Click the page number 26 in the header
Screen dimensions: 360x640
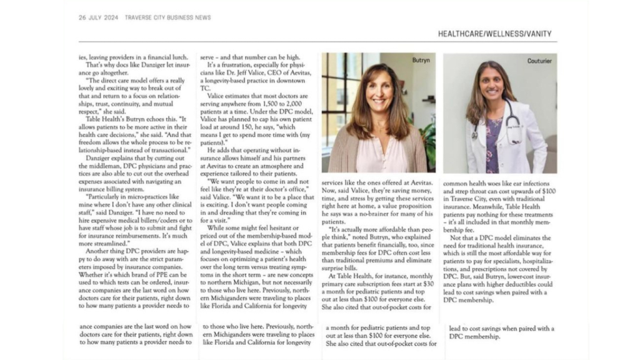click(x=82, y=17)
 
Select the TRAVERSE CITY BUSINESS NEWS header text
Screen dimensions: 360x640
click(x=168, y=17)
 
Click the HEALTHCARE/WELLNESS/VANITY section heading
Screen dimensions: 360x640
click(x=494, y=34)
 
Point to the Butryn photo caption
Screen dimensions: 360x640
click(x=421, y=61)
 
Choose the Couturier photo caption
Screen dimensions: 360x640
click(x=539, y=61)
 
